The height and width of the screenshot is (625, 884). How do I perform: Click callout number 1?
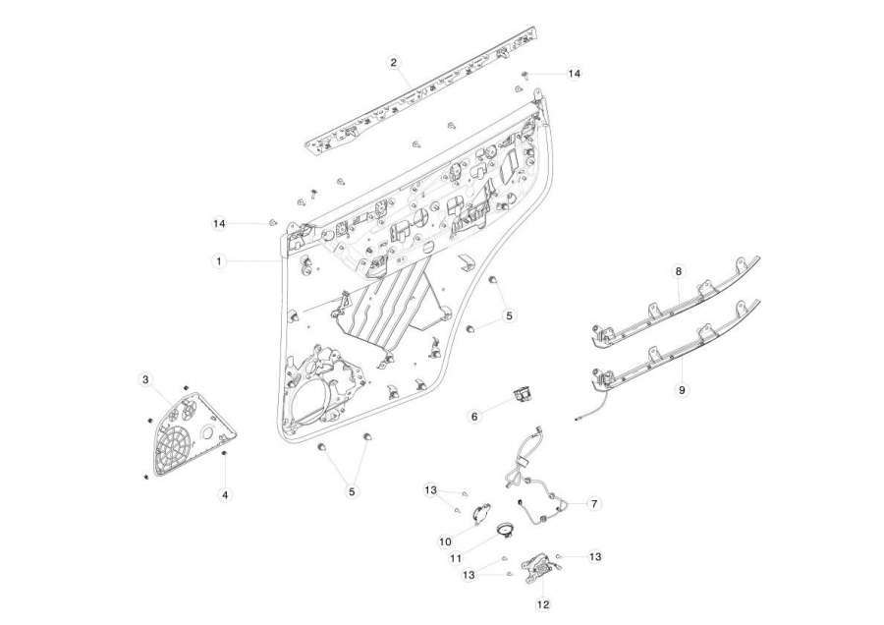219,261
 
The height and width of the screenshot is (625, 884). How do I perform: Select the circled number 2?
394,62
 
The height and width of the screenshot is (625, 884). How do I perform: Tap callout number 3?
145,379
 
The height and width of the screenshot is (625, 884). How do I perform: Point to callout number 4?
225,494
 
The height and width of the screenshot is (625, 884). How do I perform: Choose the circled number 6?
474,417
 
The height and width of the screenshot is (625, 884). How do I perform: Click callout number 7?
593,504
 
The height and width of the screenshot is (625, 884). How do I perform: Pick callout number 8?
678,271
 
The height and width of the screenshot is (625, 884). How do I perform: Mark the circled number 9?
682,389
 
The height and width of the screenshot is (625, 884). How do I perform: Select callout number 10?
445,541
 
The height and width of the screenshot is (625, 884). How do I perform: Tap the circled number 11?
456,558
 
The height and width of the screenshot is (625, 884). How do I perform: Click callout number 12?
543,604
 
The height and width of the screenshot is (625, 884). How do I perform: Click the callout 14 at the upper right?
574,74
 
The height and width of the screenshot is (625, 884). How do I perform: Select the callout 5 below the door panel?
352,491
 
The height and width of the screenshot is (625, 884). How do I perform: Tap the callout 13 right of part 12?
595,557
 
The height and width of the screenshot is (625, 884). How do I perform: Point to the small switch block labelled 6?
522,393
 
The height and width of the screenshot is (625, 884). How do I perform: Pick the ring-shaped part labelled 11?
505,529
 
